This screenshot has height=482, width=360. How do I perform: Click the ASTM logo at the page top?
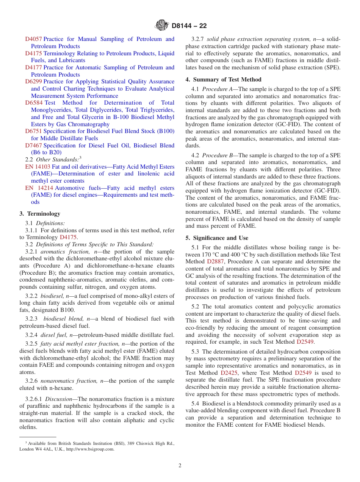162,26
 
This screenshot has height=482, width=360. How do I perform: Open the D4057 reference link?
33,39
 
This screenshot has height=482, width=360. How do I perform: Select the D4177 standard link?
33,67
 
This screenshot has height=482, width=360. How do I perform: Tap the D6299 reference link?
33,81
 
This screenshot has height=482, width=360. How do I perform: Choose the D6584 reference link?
33,103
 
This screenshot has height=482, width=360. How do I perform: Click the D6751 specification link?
33,131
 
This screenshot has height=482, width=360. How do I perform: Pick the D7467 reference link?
33,146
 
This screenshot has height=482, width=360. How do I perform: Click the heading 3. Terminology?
40,214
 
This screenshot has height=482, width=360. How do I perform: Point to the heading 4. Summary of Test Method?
223,80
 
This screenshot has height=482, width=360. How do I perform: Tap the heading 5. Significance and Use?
217,238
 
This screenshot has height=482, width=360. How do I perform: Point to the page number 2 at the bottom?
180,466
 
